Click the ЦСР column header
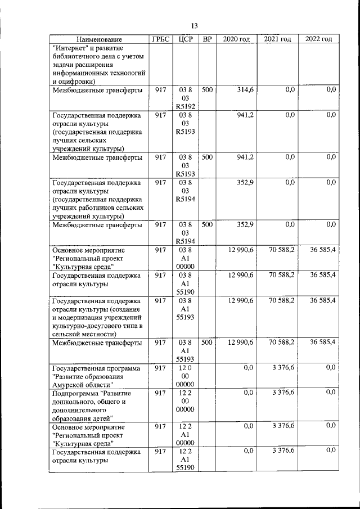point(185,39)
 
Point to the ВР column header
point(207,39)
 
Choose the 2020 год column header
point(236,39)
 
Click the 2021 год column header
point(277,39)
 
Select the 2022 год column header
point(319,39)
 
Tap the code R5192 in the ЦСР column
point(185,106)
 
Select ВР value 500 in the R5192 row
point(207,90)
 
